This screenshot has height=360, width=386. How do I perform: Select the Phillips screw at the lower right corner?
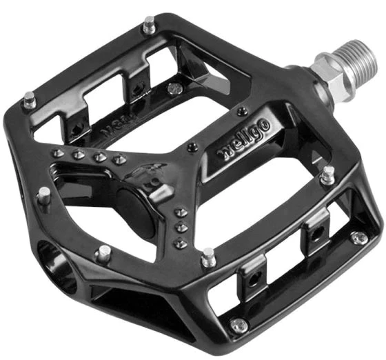point(358,238)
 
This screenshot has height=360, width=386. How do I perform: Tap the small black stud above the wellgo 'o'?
point(241,110)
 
